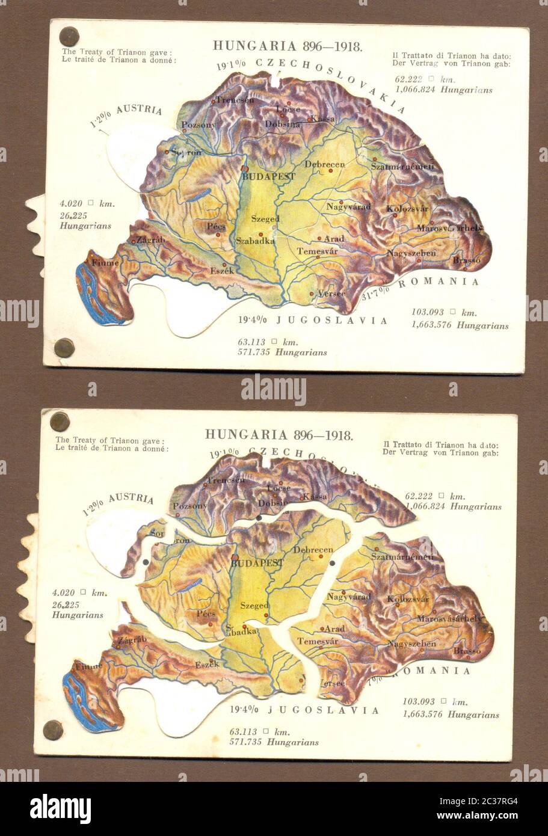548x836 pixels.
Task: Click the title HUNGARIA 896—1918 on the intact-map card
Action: point(288,46)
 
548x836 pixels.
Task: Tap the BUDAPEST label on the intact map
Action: point(269,177)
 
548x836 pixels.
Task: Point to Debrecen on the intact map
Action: point(324,164)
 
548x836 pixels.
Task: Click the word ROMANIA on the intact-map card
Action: point(439,281)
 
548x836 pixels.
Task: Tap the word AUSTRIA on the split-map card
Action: point(131,500)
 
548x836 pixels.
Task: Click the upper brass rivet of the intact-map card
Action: point(69,36)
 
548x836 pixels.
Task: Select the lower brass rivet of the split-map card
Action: point(53,730)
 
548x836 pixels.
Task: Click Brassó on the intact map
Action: point(467,260)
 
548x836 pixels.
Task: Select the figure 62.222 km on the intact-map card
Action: point(425,79)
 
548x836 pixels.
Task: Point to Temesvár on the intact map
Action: point(317,251)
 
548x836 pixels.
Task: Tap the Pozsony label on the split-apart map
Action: point(189,506)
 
